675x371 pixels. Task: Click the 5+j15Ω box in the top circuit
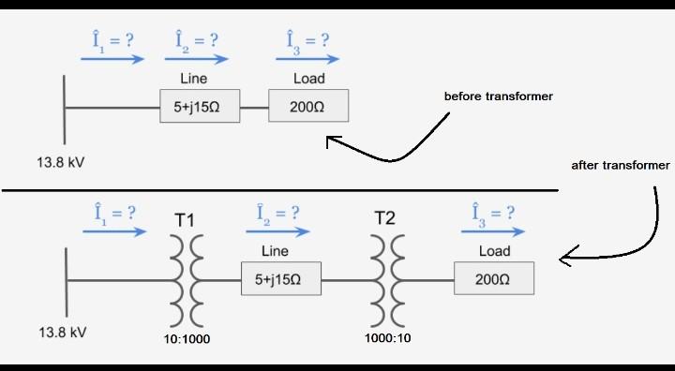pyautogui.click(x=199, y=108)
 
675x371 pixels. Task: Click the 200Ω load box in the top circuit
pyautogui.click(x=308, y=107)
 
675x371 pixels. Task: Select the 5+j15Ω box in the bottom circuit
pyautogui.click(x=280, y=279)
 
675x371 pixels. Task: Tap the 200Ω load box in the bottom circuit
pyautogui.click(x=493, y=279)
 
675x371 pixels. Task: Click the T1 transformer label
pyautogui.click(x=185, y=221)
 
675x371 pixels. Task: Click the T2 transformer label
pyautogui.click(x=385, y=218)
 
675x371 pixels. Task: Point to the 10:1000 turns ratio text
pyautogui.click(x=186, y=338)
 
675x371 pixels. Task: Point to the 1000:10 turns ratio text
pyautogui.click(x=387, y=337)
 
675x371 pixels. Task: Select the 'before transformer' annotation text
pyautogui.click(x=498, y=96)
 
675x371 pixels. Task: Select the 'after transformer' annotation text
pyautogui.click(x=621, y=165)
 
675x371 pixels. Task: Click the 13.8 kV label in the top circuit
pyautogui.click(x=61, y=162)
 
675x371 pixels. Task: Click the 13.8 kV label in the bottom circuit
pyautogui.click(x=62, y=333)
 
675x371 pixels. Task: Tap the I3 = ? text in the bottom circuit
pyautogui.click(x=493, y=213)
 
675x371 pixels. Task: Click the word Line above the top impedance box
pyautogui.click(x=193, y=79)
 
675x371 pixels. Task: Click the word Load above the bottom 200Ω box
pyautogui.click(x=494, y=251)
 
